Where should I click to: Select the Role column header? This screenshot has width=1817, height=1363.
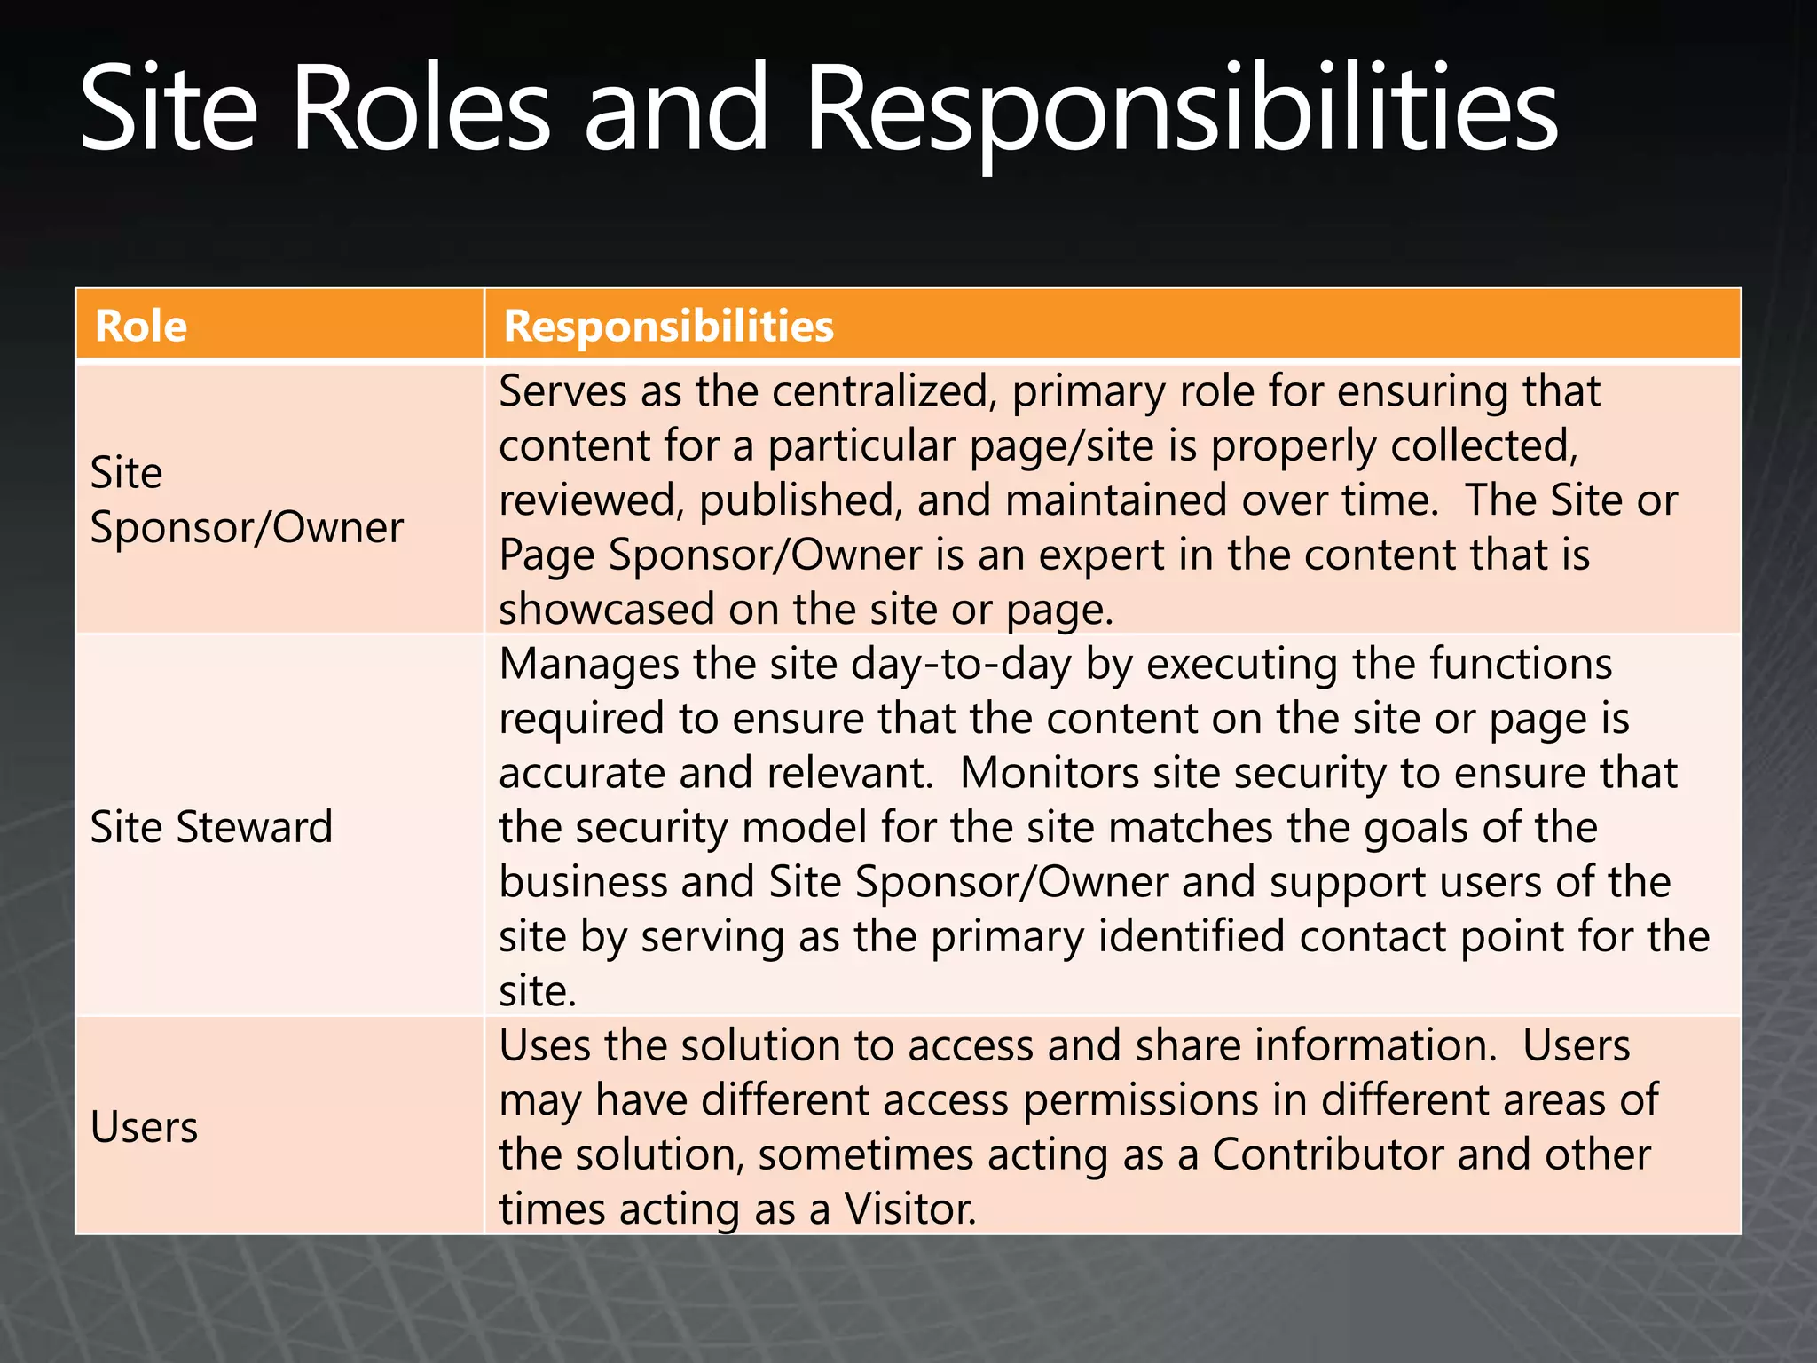coord(141,326)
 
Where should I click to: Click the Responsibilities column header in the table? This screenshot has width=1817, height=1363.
coord(668,326)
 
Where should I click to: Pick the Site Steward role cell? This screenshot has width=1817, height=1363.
coord(211,827)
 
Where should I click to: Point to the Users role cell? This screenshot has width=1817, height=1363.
coord(144,1128)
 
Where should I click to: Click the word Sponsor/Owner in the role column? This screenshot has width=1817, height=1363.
coord(247,528)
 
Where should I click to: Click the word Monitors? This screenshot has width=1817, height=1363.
coord(1049,773)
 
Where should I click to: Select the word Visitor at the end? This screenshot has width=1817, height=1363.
coord(909,1209)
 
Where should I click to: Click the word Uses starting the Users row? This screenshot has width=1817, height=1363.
coord(545,1045)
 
